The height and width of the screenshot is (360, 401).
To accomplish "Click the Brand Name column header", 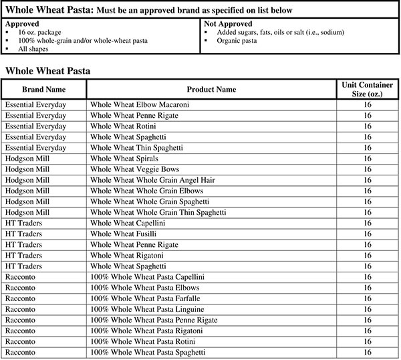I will click(43, 89).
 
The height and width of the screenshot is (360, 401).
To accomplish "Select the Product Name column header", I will click(211, 89).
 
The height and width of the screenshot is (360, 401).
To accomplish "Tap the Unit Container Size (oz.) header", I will click(367, 89).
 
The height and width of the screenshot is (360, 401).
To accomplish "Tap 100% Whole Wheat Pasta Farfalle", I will click(144, 298).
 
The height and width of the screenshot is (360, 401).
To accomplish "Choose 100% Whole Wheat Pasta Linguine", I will click(146, 308).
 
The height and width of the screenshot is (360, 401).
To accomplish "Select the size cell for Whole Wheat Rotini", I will click(367, 126).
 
